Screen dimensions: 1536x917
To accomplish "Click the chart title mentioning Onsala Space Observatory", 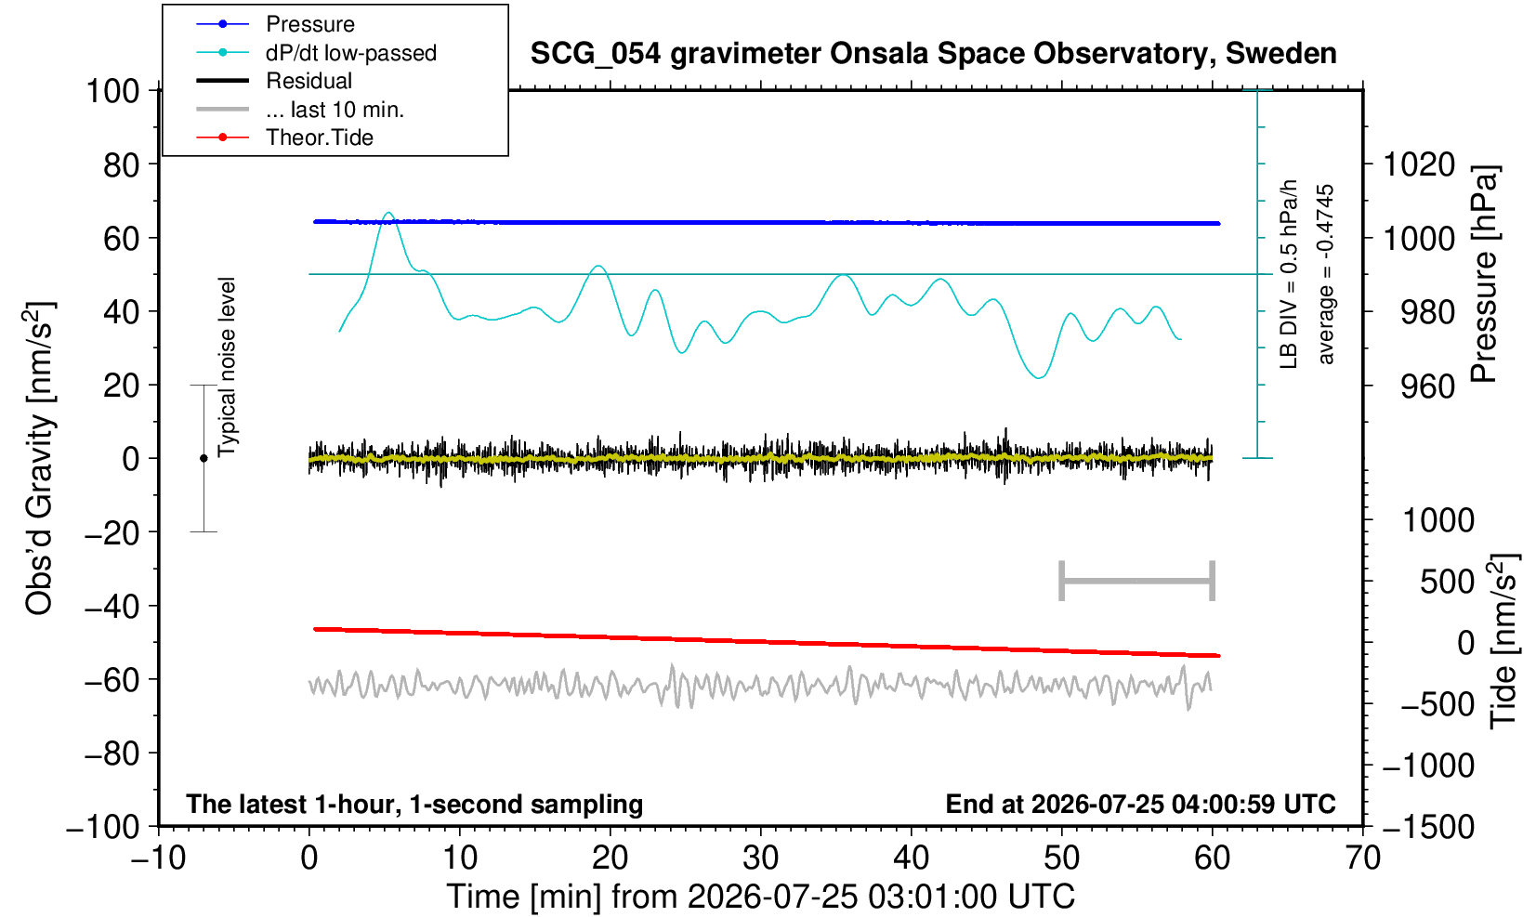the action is (x=933, y=54).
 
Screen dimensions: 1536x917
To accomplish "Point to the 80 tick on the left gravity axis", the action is (x=122, y=165).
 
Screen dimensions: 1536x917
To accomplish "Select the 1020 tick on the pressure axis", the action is (x=1419, y=164).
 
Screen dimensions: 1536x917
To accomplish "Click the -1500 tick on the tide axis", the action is (x=1428, y=827).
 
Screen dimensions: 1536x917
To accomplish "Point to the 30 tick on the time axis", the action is (x=760, y=858).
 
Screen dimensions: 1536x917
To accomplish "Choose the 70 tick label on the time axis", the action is (x=1362, y=858).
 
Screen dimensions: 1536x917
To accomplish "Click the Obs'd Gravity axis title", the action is (x=39, y=458).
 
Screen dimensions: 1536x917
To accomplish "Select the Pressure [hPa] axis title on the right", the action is (x=1485, y=274).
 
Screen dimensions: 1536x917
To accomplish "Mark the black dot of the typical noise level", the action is (x=203, y=458).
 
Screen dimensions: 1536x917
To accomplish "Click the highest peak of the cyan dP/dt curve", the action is (x=388, y=214).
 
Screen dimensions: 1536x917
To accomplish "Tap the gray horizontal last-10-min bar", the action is (x=1137, y=581).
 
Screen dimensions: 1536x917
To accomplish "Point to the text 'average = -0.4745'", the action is (x=1325, y=274).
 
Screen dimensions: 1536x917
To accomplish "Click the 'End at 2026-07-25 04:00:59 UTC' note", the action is (x=1140, y=804).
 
